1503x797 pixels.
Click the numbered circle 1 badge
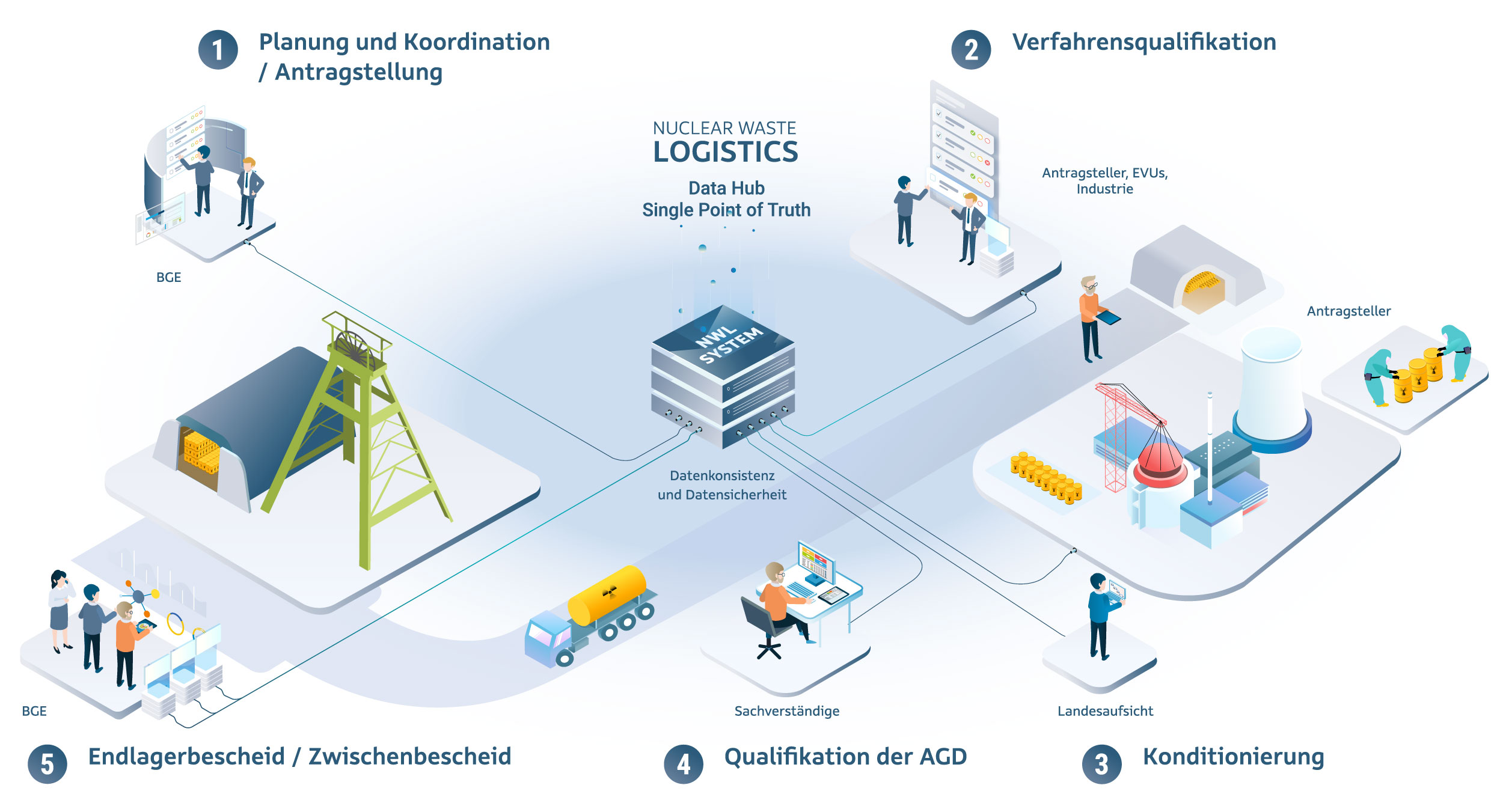pos(218,50)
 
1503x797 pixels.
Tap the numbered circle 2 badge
pos(970,50)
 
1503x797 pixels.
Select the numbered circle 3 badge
pos(1101,764)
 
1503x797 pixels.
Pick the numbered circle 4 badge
pos(683,764)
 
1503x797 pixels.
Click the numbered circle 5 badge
pos(47,764)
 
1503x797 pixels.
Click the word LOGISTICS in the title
pos(726,152)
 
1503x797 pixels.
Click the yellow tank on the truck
pos(607,594)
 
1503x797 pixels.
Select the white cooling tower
pos(1272,385)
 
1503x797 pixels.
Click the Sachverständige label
pos(786,711)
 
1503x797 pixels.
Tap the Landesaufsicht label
pos(1105,711)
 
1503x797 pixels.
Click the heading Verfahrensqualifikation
pos(1143,42)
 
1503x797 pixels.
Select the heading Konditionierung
pos(1233,757)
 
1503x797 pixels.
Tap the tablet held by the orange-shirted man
pos(1108,317)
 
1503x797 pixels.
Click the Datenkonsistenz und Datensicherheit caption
pos(722,485)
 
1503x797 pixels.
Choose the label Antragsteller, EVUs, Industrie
pos(1104,180)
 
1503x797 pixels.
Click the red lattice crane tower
pos(1114,439)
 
